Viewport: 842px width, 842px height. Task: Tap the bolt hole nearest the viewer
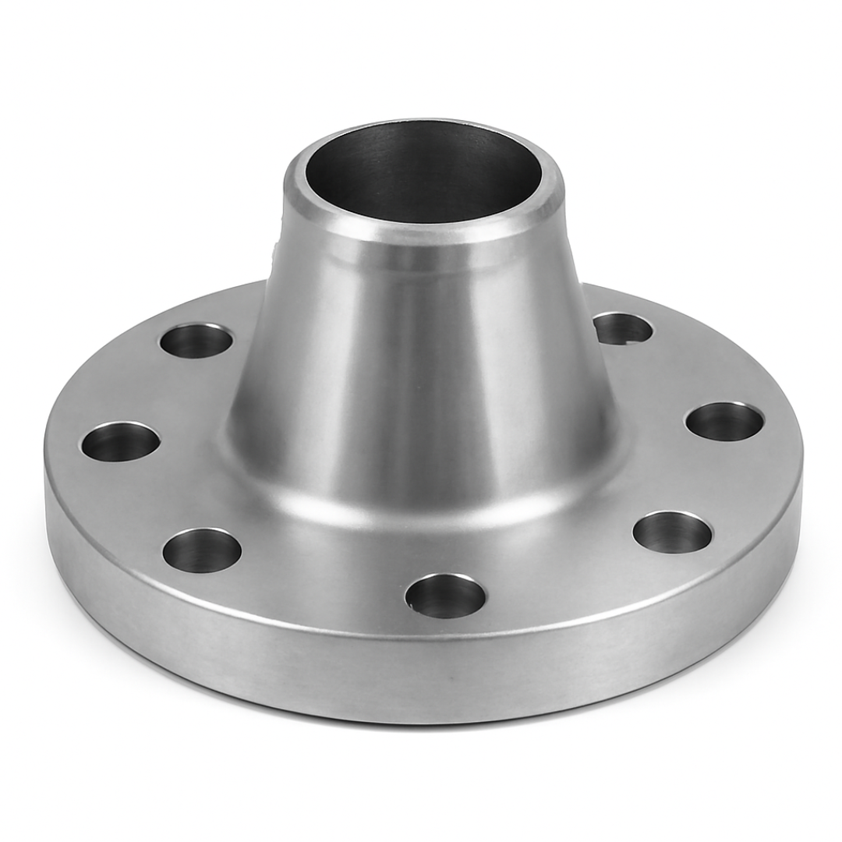(445, 596)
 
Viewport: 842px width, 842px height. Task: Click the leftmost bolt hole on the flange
(120, 442)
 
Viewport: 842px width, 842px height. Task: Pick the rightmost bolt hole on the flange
(724, 422)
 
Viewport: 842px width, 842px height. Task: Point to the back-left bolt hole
(196, 341)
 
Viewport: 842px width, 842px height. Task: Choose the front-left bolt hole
(202, 550)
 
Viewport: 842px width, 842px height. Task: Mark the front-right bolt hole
(672, 532)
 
